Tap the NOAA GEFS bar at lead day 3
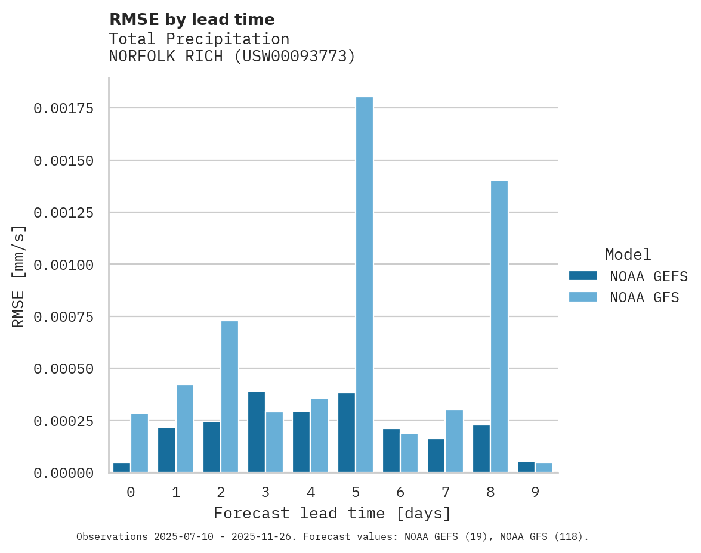point(257,431)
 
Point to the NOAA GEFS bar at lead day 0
point(122,467)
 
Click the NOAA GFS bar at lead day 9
point(543,467)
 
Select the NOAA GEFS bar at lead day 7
point(436,455)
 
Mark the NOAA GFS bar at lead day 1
point(185,428)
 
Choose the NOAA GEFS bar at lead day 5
point(346,433)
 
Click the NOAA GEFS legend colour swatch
point(583,276)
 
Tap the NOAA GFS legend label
point(644,297)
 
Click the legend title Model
point(628,254)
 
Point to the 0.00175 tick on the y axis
point(64,108)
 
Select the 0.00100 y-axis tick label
point(64,265)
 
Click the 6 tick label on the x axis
point(400,493)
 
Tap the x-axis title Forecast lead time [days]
point(332,513)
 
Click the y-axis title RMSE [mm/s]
point(19,276)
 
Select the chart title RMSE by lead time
point(192,20)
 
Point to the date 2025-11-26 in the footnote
point(268,537)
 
